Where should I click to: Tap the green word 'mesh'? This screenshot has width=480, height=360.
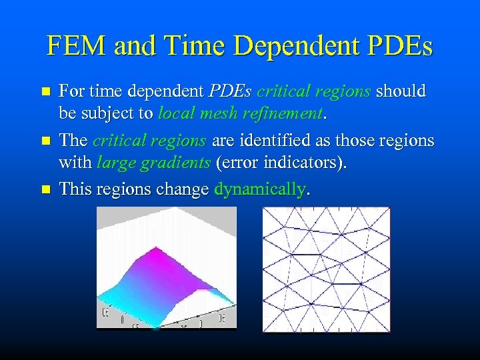217,114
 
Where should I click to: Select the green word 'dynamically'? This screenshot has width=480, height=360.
259,189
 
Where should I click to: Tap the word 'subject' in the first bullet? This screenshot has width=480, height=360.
110,114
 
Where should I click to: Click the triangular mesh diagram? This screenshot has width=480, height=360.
326,269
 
